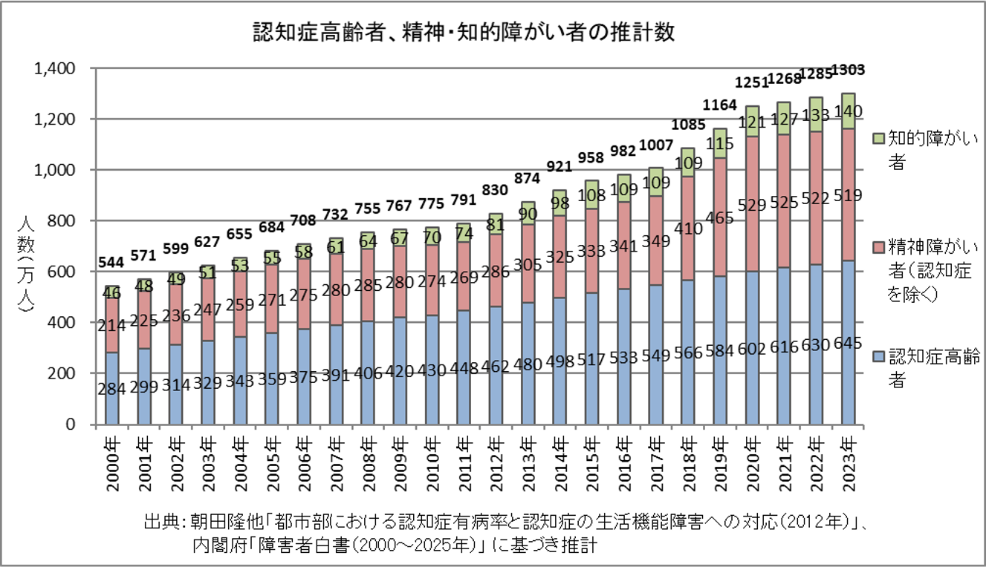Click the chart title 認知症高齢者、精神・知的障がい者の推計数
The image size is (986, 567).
click(464, 33)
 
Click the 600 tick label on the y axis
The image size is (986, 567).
click(65, 272)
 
